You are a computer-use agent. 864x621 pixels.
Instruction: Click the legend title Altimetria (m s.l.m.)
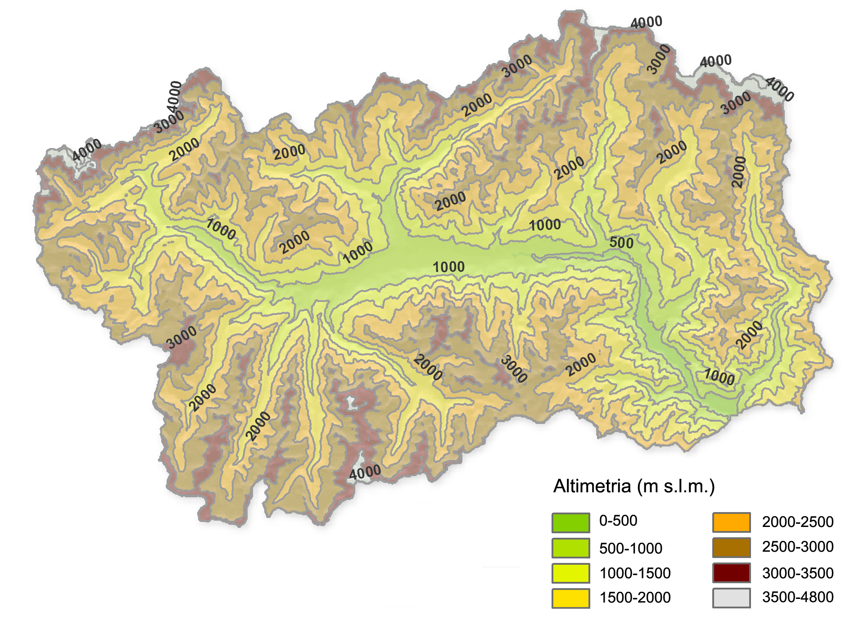point(633,486)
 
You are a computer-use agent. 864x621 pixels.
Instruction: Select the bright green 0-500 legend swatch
point(570,522)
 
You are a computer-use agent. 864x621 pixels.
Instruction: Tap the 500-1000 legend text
point(630,549)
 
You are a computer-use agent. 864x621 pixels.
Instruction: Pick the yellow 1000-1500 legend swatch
point(570,573)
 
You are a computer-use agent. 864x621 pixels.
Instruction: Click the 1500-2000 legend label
point(635,598)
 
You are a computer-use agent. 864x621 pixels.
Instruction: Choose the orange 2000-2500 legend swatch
point(731,522)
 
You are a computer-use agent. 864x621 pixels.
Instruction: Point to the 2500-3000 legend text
point(797,547)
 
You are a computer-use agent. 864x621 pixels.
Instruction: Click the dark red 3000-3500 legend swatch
point(731,573)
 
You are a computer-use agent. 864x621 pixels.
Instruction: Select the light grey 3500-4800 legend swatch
point(731,598)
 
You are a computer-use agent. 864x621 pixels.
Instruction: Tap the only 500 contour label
point(621,243)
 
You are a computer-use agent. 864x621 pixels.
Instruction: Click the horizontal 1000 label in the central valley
point(448,267)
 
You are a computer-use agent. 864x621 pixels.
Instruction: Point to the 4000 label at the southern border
point(365,472)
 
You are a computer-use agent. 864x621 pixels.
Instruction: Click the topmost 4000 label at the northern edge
point(646,22)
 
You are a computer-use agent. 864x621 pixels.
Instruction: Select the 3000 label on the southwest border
point(181,337)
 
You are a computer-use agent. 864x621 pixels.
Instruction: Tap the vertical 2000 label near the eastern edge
point(739,172)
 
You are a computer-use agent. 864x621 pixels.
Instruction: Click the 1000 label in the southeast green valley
point(719,377)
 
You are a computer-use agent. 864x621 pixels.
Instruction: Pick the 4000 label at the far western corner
point(87,150)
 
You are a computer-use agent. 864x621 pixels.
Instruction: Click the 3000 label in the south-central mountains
point(514,369)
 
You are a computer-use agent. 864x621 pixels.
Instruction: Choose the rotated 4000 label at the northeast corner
point(779,89)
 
